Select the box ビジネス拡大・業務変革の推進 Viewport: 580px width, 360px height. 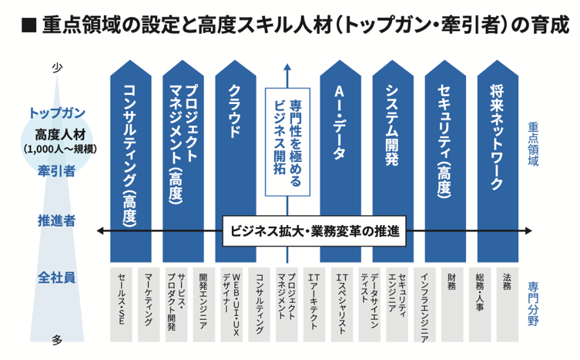point(315,230)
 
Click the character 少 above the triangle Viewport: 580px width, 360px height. point(56,68)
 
